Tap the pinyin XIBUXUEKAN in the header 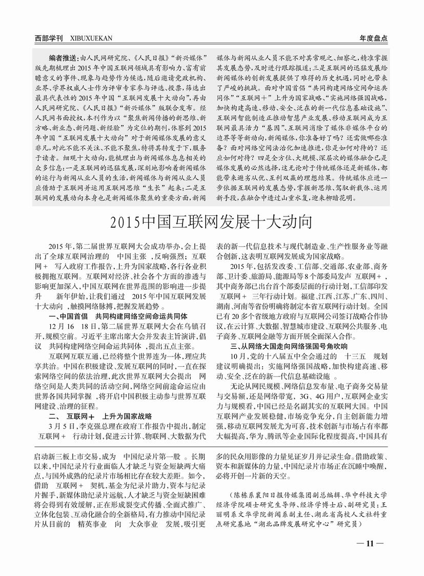tap(90, 38)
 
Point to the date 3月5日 tap(58, 426)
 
